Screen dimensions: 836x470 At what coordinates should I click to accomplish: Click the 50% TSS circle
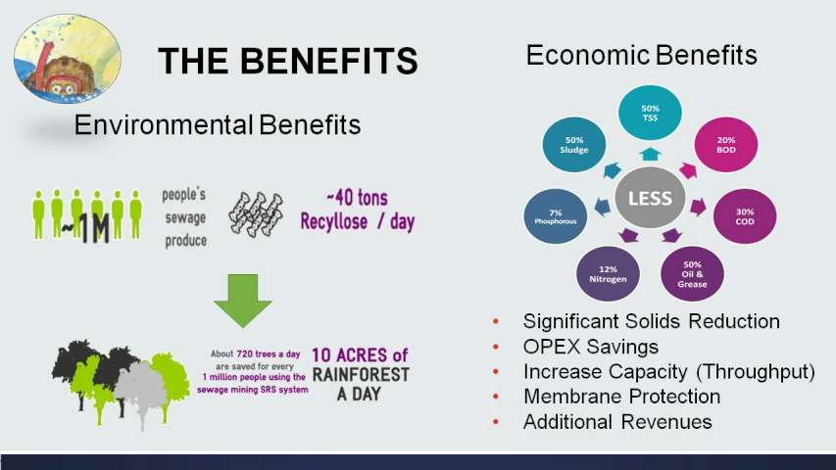point(650,113)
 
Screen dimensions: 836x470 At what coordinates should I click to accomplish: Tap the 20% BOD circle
point(725,144)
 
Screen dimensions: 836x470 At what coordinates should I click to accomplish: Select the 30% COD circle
point(745,216)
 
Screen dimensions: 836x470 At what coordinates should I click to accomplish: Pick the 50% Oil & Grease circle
point(692,274)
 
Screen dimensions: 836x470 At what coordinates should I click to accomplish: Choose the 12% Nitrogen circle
point(608,274)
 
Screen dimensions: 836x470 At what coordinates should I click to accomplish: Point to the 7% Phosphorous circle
point(556,216)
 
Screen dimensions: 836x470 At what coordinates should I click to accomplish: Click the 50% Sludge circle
point(573,144)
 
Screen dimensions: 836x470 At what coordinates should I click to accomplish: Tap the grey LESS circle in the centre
point(650,198)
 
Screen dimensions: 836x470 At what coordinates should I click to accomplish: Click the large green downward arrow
point(243,300)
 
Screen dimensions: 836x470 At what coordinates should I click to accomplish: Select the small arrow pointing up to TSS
point(650,155)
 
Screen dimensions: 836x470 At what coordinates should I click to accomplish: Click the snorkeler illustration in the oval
point(68,59)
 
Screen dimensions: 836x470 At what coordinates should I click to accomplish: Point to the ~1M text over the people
point(85,227)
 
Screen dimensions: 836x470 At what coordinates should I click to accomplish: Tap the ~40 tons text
point(357,198)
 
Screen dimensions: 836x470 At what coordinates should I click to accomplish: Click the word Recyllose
point(334,221)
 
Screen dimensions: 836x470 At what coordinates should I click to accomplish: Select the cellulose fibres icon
point(256,214)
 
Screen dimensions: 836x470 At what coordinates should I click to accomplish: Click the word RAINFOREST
point(361,375)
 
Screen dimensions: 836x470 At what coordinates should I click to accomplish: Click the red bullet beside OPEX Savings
point(496,347)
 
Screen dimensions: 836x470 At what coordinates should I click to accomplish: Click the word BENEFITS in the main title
point(329,60)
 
